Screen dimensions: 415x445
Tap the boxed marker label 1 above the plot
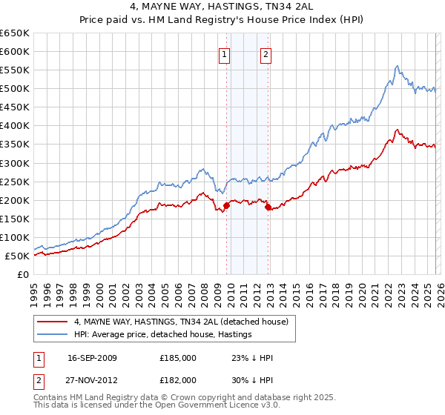[x=224, y=53]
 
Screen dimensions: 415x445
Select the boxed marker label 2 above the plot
[x=266, y=53]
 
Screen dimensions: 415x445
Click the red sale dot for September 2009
[x=226, y=205]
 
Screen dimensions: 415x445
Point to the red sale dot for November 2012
[x=268, y=207]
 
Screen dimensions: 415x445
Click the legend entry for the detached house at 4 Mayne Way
[x=185, y=322]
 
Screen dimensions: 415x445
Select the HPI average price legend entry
[x=162, y=334]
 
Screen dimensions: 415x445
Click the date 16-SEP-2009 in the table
[x=92, y=358]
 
